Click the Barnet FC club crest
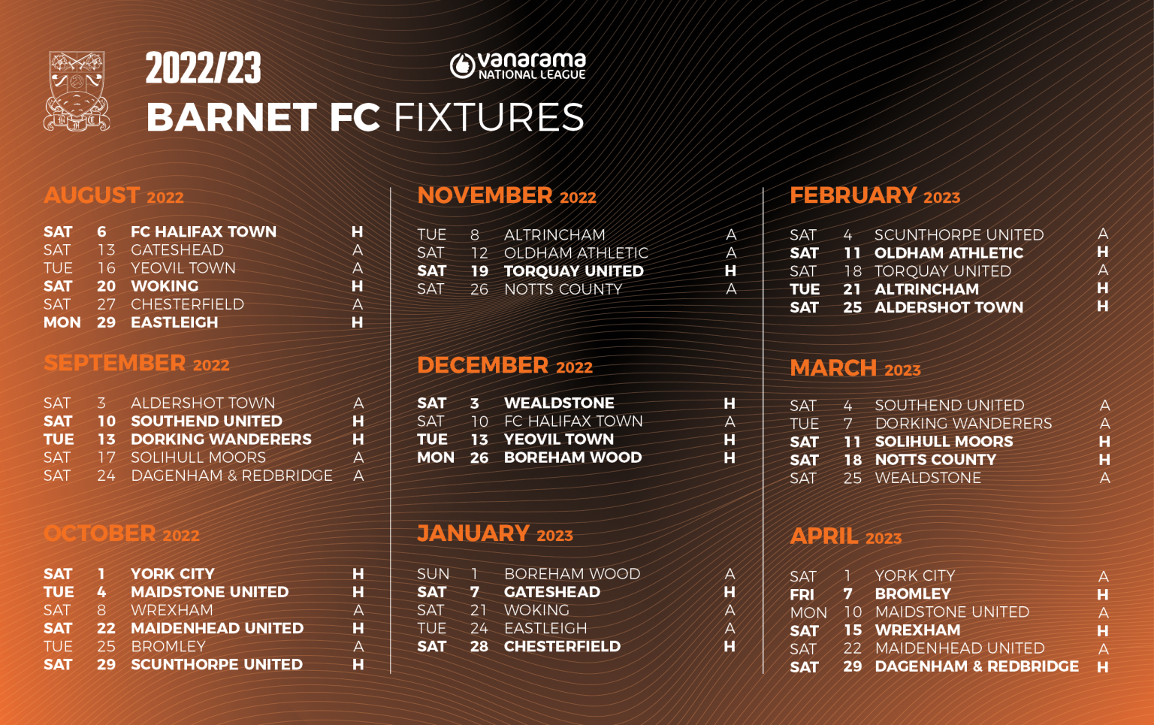(x=77, y=91)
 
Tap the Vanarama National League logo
(x=518, y=66)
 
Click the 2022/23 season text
(x=203, y=69)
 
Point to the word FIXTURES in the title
(x=489, y=118)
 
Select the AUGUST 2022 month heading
(x=113, y=196)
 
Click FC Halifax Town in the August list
(x=204, y=232)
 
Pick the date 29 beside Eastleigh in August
(x=106, y=322)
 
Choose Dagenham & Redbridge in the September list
(x=231, y=476)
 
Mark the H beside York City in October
(x=358, y=574)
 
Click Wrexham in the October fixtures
(x=172, y=610)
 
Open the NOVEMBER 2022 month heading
(x=506, y=196)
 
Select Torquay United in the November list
(x=573, y=271)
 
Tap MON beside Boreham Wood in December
(x=436, y=458)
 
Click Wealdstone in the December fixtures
(x=559, y=403)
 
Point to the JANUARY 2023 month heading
(x=494, y=534)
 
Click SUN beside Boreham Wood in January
(x=433, y=574)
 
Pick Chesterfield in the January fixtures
(x=562, y=646)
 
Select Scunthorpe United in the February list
(x=959, y=235)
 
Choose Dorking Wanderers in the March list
(x=963, y=424)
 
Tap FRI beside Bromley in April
(x=802, y=594)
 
